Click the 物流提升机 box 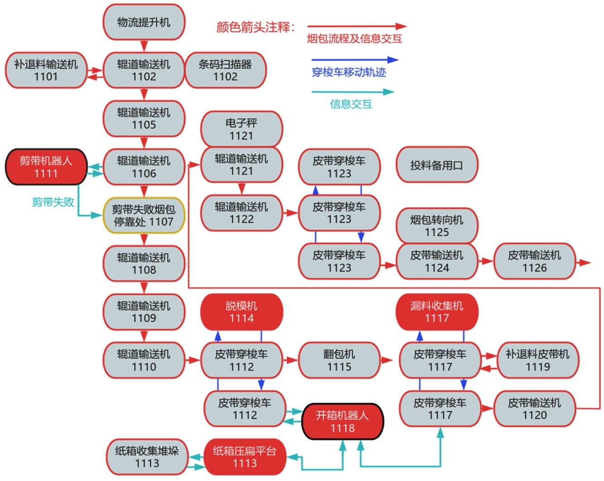(144, 22)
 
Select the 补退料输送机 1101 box (46, 70)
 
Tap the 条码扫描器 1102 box (225, 70)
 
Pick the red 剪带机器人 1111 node (46, 167)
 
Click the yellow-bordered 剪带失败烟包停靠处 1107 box (143, 215)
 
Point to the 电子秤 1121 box (241, 129)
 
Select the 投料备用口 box (437, 165)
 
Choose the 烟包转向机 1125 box (437, 226)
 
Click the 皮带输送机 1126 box (534, 261)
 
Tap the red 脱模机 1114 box (242, 312)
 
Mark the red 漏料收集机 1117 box (437, 312)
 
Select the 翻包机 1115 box (339, 360)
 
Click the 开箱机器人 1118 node (342, 421)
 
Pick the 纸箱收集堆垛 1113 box (147, 457)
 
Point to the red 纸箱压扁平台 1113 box (245, 457)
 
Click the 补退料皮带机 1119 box (537, 360)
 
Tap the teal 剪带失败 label (53, 202)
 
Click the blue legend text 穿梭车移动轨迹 (349, 72)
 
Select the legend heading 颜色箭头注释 (256, 27)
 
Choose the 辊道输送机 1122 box (241, 213)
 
